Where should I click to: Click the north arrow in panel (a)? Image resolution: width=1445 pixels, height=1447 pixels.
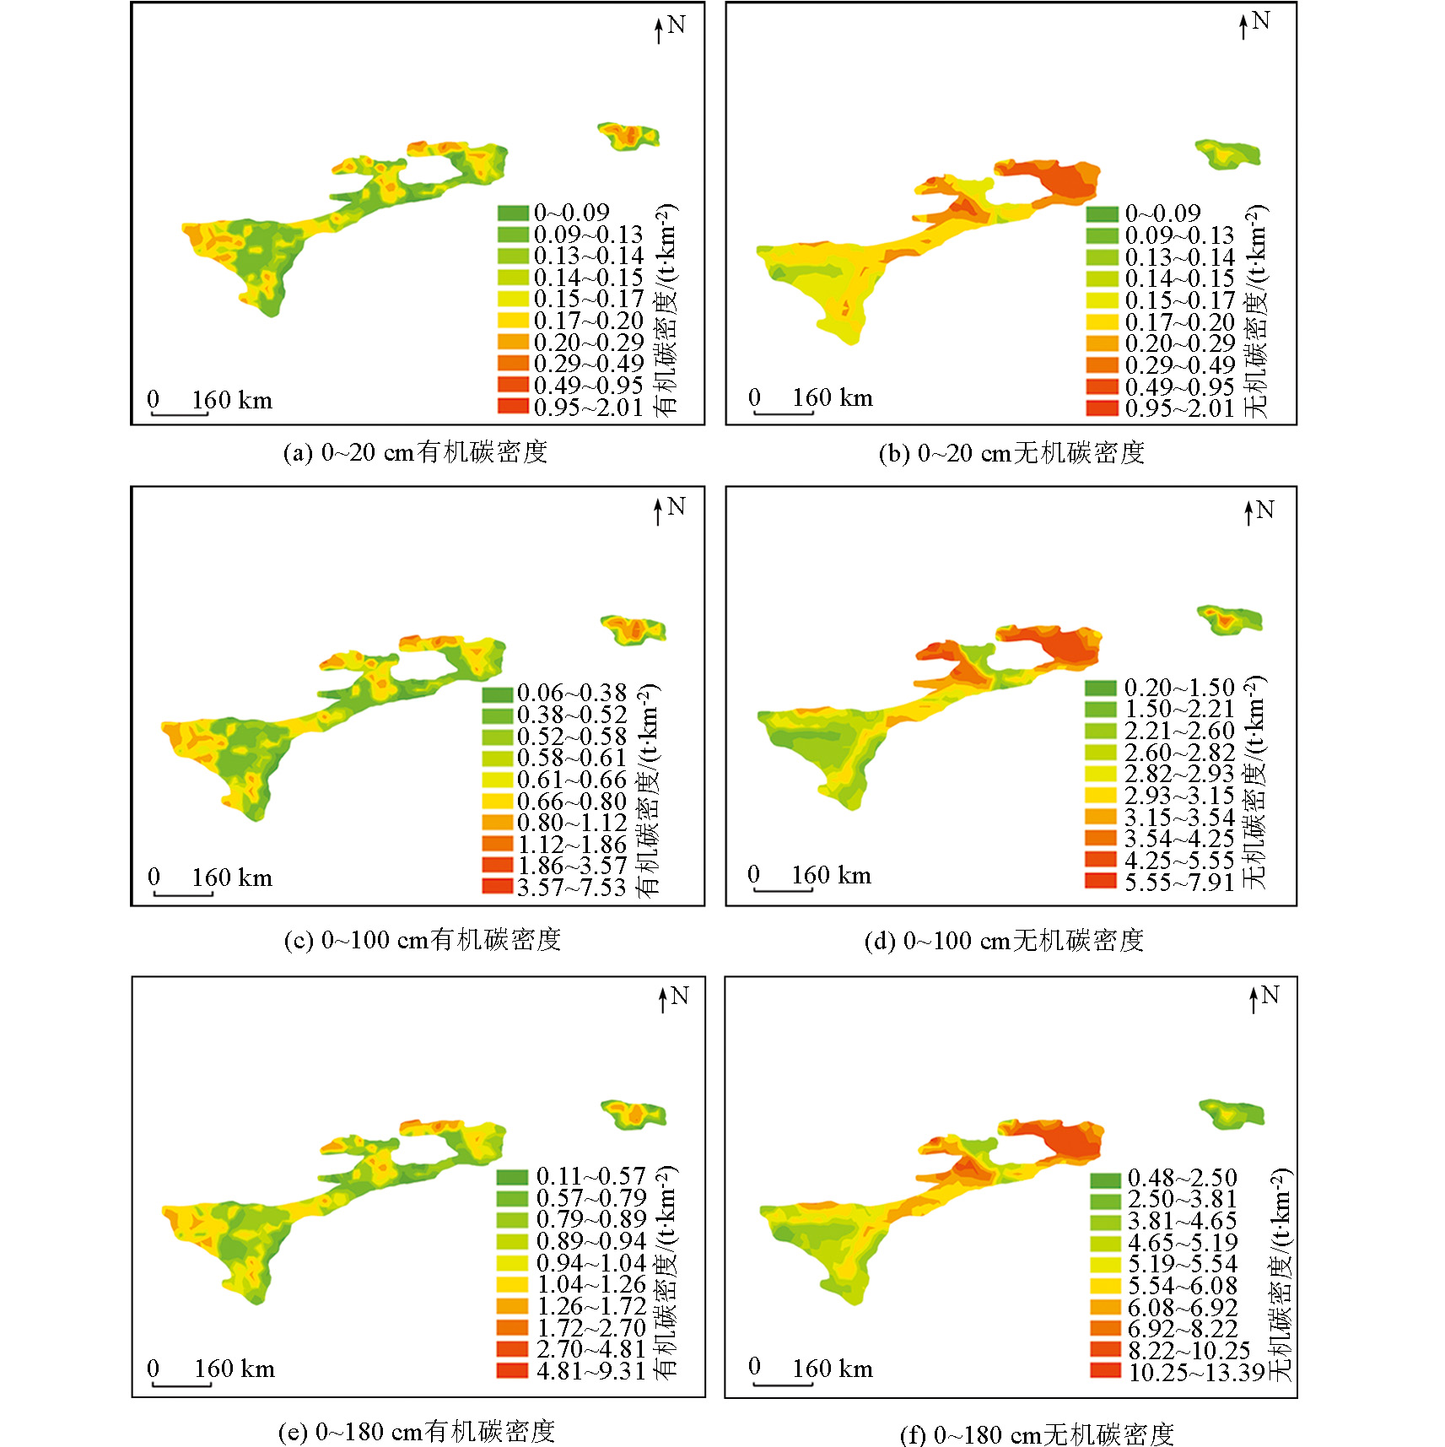pyautogui.click(x=659, y=30)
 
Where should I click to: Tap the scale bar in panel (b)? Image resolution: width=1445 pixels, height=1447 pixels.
pyautogui.click(x=783, y=413)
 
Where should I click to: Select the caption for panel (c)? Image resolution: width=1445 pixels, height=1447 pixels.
pyautogui.click(x=422, y=940)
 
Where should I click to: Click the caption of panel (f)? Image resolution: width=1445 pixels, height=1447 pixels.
pyautogui.click(x=1037, y=1434)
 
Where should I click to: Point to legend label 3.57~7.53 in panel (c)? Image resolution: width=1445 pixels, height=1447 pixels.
pyautogui.click(x=571, y=888)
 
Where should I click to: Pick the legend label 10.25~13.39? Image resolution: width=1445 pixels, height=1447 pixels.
pyautogui.click(x=1196, y=1373)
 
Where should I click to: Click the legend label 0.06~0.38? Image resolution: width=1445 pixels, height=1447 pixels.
pyautogui.click(x=571, y=694)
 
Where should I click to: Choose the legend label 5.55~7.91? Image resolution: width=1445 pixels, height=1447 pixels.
pyautogui.click(x=1178, y=883)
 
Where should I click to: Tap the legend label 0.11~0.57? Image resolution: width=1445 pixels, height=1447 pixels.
pyautogui.click(x=590, y=1177)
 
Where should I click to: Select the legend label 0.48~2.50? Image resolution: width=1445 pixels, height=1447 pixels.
pyautogui.click(x=1182, y=1178)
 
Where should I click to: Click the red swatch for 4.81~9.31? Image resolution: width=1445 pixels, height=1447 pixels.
pyautogui.click(x=512, y=1370)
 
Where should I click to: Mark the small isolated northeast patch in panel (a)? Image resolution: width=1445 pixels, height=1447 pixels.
pyautogui.click(x=628, y=136)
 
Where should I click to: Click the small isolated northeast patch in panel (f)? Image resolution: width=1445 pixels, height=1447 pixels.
pyautogui.click(x=1232, y=1114)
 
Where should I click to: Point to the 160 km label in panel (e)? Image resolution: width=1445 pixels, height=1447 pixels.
pyautogui.click(x=235, y=1369)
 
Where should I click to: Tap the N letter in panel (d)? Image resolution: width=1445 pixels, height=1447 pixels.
pyautogui.click(x=1264, y=510)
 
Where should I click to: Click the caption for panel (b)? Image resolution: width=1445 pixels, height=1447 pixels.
pyautogui.click(x=1011, y=453)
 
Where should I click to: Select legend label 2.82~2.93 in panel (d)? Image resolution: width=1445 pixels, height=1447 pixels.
pyautogui.click(x=1178, y=774)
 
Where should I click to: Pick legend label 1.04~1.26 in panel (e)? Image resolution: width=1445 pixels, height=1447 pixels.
pyautogui.click(x=590, y=1285)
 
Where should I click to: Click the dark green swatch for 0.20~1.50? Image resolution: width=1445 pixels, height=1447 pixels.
pyautogui.click(x=1101, y=688)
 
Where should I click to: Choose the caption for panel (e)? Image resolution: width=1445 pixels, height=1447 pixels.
pyautogui.click(x=417, y=1431)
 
